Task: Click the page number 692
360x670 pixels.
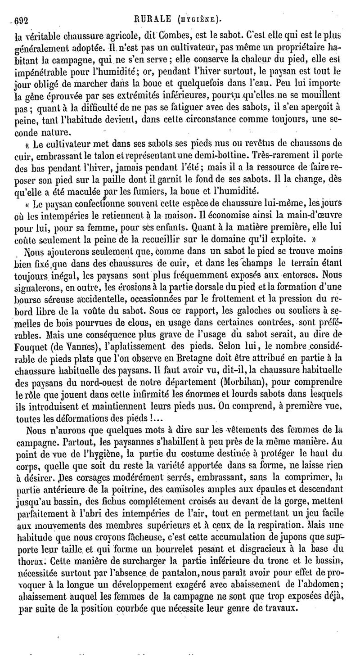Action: [22, 19]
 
